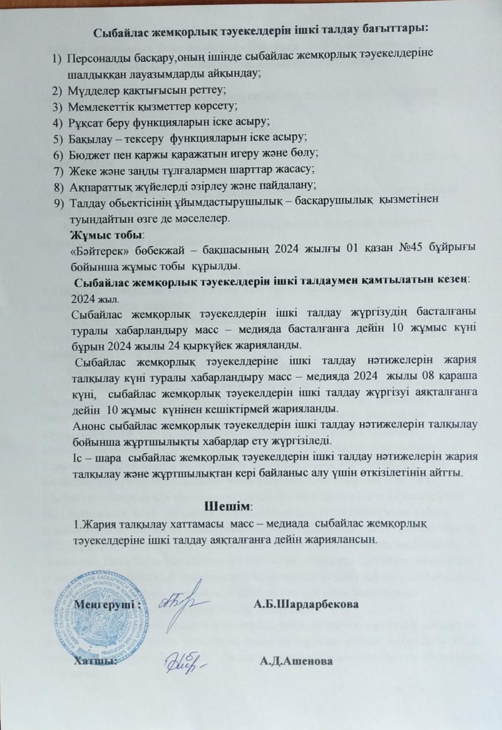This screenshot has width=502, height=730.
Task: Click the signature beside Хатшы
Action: pos(187,657)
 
